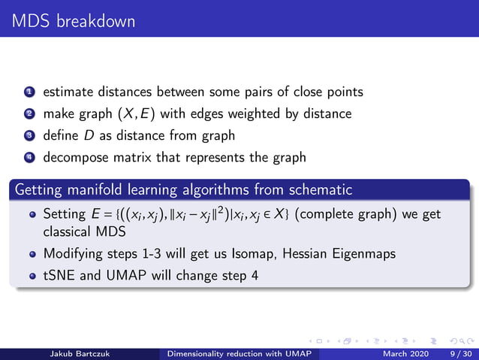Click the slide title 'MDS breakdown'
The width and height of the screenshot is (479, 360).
pyautogui.click(x=73, y=20)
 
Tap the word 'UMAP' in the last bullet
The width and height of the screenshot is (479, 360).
pyautogui.click(x=125, y=275)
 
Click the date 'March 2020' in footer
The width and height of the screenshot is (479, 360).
pyautogui.click(x=405, y=354)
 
